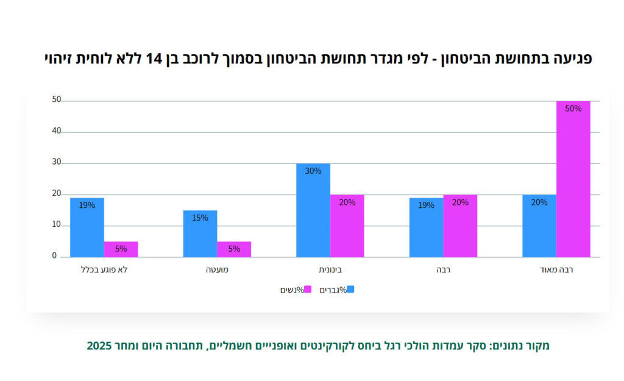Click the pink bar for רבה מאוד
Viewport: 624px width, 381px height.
point(573,179)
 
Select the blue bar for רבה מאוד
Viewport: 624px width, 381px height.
point(539,226)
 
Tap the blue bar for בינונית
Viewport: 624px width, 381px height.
point(313,210)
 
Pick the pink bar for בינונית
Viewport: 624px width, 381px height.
point(347,226)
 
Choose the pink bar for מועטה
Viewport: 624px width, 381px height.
point(234,249)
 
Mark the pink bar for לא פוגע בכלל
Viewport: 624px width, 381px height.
point(121,249)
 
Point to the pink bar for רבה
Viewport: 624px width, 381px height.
point(460,226)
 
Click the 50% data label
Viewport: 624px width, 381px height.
point(573,109)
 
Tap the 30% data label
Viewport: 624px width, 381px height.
point(313,171)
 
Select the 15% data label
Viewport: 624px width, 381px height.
point(200,218)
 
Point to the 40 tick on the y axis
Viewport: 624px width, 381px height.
point(57,131)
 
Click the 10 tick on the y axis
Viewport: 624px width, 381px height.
point(57,225)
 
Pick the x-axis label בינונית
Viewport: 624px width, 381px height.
point(330,269)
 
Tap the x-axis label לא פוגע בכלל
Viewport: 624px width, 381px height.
point(104,269)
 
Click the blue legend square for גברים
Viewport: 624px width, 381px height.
point(350,290)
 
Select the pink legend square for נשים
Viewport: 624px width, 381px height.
point(307,290)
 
